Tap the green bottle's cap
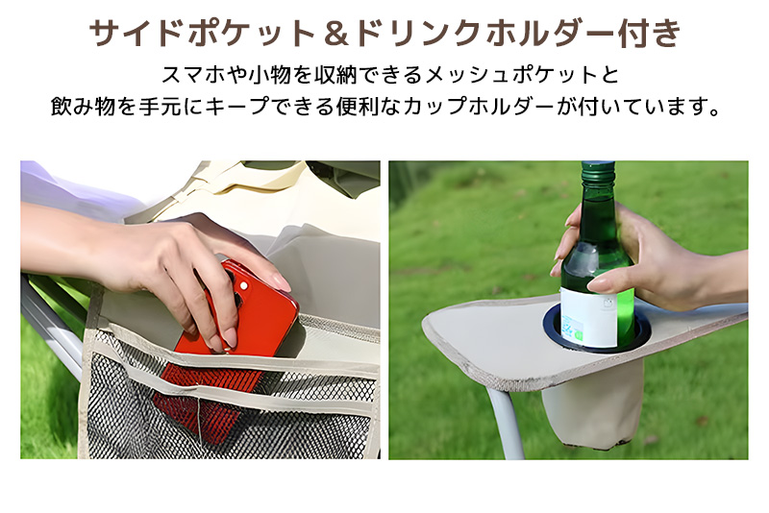[x=598, y=168]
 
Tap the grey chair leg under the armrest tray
[x=504, y=422]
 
